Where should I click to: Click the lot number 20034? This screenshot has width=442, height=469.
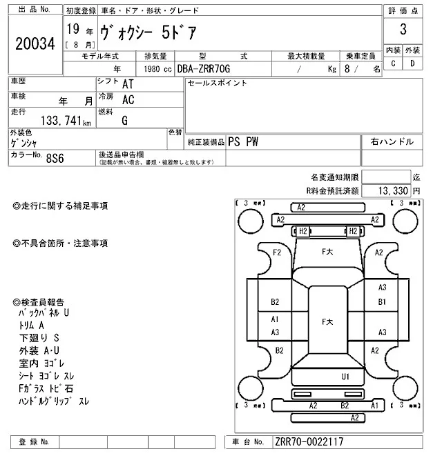(35, 43)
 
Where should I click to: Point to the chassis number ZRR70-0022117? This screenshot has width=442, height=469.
(309, 442)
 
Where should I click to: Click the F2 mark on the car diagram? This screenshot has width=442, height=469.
(277, 252)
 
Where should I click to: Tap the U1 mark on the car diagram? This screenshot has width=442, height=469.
(345, 377)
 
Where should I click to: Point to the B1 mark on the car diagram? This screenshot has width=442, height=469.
(382, 302)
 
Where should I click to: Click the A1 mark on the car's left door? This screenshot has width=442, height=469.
(275, 319)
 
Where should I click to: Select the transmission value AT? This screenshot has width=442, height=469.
(128, 83)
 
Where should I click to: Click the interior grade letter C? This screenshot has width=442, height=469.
(393, 63)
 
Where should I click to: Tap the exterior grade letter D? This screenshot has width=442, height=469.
(412, 63)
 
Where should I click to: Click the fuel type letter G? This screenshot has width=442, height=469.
(125, 120)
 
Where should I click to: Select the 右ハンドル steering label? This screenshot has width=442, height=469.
(392, 141)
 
